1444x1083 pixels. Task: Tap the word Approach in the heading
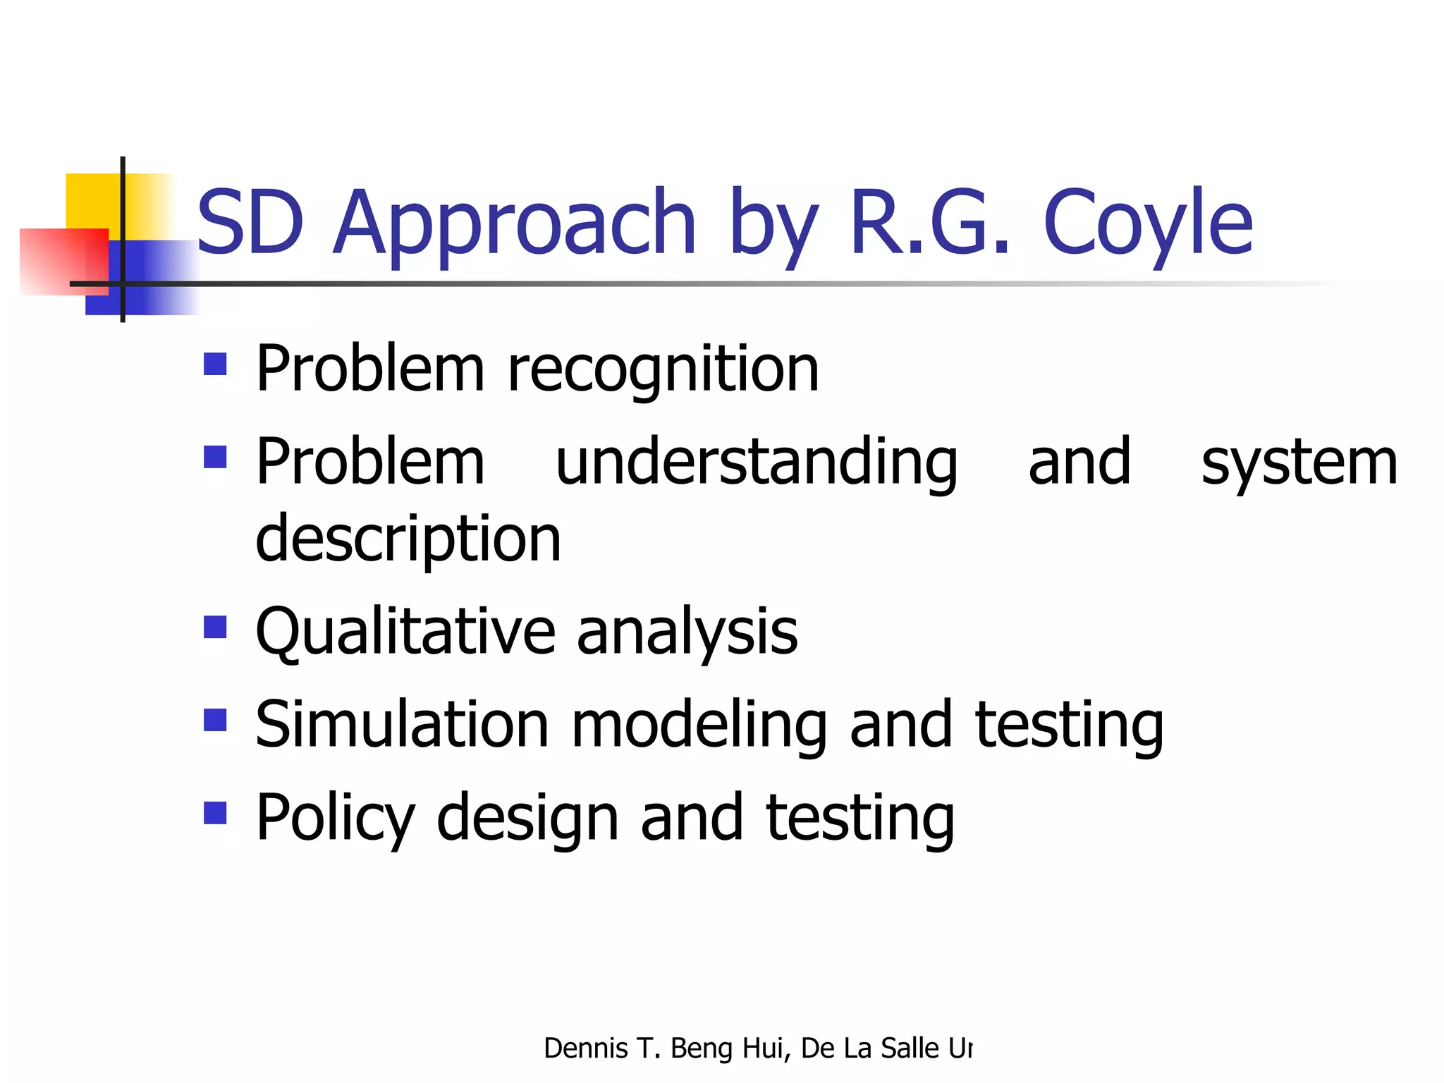click(515, 224)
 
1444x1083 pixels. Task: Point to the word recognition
click(663, 369)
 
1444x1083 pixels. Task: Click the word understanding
click(757, 463)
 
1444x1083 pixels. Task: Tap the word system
click(1299, 464)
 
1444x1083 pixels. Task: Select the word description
click(408, 540)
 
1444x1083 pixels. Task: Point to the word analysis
click(687, 632)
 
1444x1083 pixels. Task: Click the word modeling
click(699, 726)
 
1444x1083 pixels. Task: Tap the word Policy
click(335, 819)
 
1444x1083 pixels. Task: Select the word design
click(527, 819)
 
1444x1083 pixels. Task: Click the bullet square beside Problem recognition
click(215, 364)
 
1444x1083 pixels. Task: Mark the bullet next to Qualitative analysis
click(215, 627)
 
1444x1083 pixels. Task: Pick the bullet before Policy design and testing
click(215, 813)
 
